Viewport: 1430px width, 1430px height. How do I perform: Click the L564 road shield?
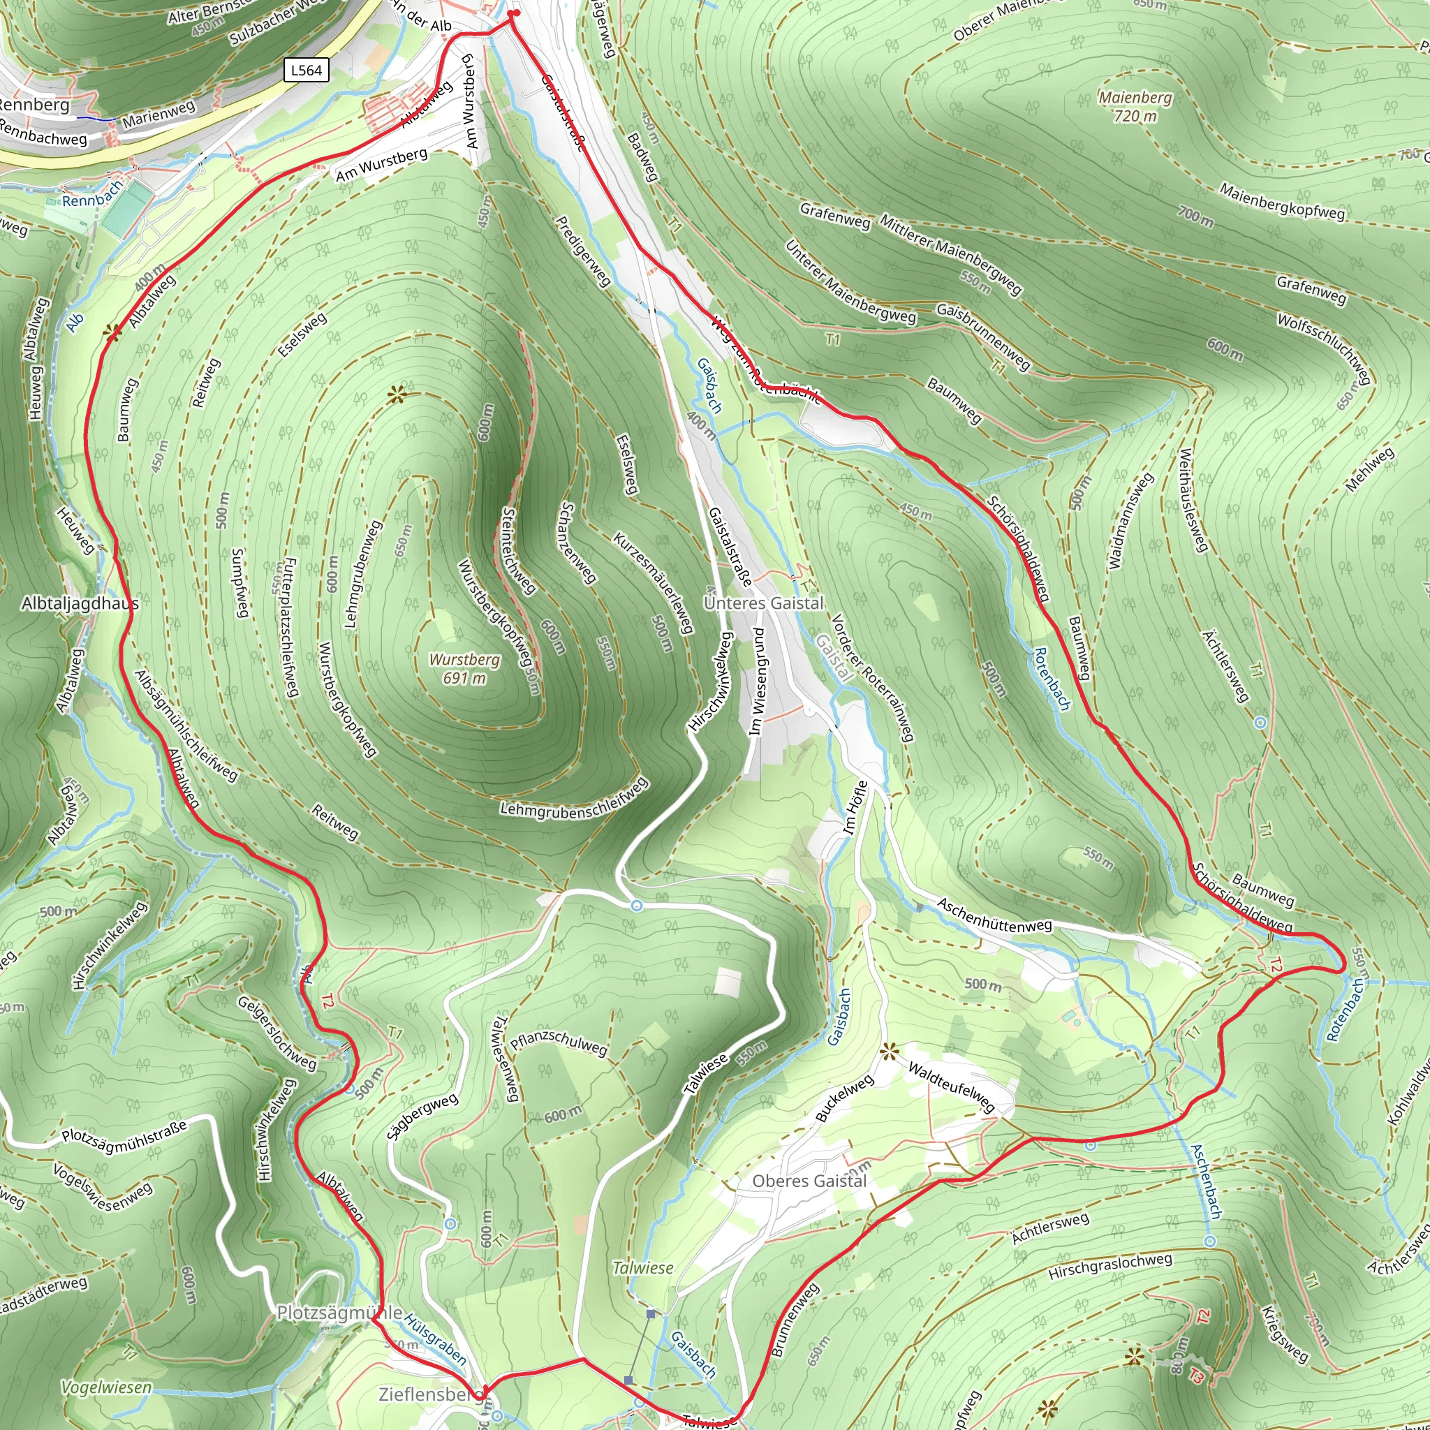click(306, 71)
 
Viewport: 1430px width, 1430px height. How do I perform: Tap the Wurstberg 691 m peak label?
click(465, 668)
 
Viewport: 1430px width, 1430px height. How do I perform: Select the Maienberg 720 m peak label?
click(1135, 107)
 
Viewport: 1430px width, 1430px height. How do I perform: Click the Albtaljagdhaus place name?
click(80, 604)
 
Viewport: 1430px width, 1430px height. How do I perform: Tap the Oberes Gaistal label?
click(809, 1181)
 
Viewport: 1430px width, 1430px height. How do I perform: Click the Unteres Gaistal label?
click(763, 603)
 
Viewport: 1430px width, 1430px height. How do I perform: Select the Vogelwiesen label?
click(107, 1388)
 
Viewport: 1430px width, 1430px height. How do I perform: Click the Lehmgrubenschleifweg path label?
click(575, 799)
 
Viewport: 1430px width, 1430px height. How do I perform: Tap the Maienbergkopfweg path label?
click(1282, 201)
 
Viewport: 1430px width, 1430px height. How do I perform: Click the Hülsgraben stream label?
click(435, 1340)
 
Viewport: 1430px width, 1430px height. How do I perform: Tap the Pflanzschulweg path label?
click(559, 1042)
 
